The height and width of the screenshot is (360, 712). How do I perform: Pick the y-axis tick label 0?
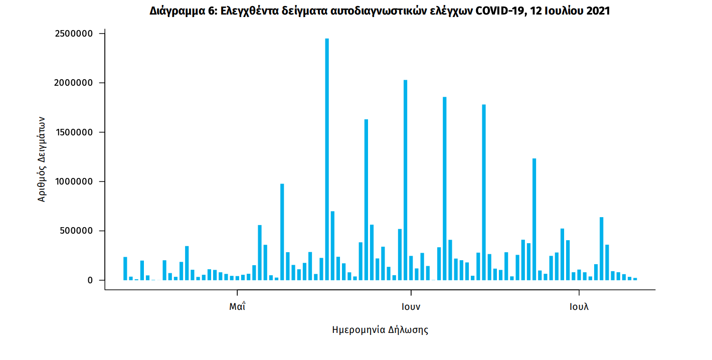click(x=90, y=280)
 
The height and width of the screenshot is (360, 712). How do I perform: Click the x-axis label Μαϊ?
click(x=237, y=307)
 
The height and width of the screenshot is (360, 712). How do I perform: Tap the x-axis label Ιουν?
click(x=411, y=307)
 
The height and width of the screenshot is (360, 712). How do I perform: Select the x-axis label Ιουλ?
click(x=579, y=307)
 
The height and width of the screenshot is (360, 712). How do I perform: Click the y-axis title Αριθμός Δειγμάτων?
click(x=42, y=159)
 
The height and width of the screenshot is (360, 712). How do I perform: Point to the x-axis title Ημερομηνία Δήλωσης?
click(x=380, y=330)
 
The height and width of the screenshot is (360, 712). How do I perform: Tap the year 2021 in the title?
click(x=597, y=11)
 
